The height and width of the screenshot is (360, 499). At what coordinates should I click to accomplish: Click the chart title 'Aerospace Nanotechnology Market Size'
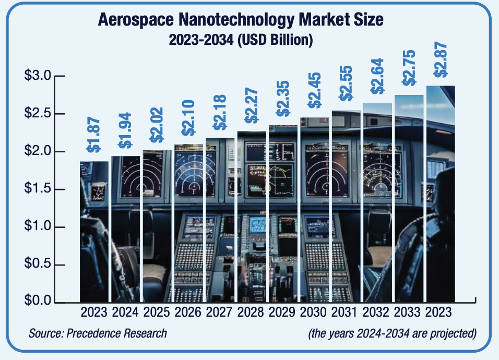point(241,20)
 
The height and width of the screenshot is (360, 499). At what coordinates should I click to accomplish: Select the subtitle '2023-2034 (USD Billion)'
point(241,40)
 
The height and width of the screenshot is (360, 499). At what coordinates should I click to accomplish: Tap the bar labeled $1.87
point(94,232)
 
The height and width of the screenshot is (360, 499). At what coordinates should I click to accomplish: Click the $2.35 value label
point(282,107)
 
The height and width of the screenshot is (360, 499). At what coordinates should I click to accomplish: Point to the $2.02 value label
point(157,125)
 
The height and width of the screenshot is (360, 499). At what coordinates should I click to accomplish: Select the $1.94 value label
point(125,131)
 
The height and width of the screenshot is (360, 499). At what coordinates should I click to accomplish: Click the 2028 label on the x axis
point(251,313)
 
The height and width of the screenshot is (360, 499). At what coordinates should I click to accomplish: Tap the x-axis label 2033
point(409,313)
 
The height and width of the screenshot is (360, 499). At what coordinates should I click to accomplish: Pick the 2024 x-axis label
point(125,313)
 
